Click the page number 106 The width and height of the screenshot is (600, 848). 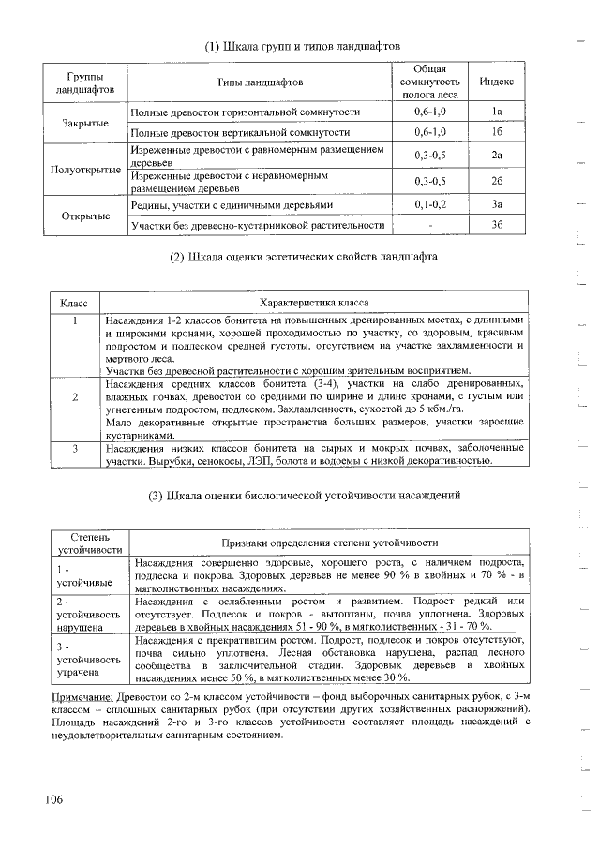pyautogui.click(x=52, y=798)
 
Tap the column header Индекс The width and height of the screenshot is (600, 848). pyautogui.click(x=497, y=82)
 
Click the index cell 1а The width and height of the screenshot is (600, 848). pyautogui.click(x=497, y=112)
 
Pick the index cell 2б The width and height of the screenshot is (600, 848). pyautogui.click(x=497, y=181)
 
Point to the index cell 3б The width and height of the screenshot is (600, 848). pyautogui.click(x=497, y=225)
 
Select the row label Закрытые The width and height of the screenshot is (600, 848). pyautogui.click(x=85, y=123)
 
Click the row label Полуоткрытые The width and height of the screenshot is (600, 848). pyautogui.click(x=85, y=170)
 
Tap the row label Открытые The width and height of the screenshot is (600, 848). pyautogui.click(x=85, y=215)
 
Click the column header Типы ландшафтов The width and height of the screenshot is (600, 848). pyautogui.click(x=260, y=82)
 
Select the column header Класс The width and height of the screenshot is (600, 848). pyautogui.click(x=74, y=304)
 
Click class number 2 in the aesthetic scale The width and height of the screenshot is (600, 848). pyautogui.click(x=74, y=396)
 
